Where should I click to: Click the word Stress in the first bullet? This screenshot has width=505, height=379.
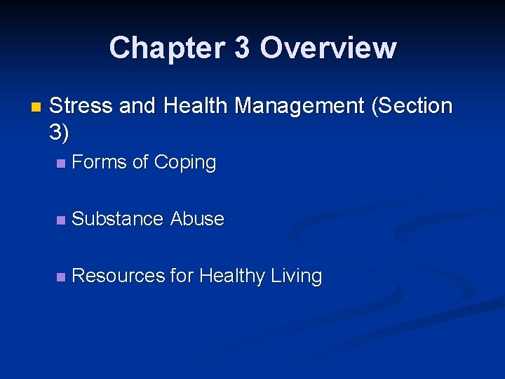[81, 107]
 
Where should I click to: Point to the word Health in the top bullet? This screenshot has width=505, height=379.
[195, 107]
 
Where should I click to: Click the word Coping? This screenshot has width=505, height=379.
[185, 163]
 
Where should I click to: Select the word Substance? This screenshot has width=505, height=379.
[118, 219]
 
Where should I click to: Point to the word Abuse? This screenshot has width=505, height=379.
[197, 219]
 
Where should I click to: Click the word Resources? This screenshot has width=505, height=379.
[119, 276]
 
